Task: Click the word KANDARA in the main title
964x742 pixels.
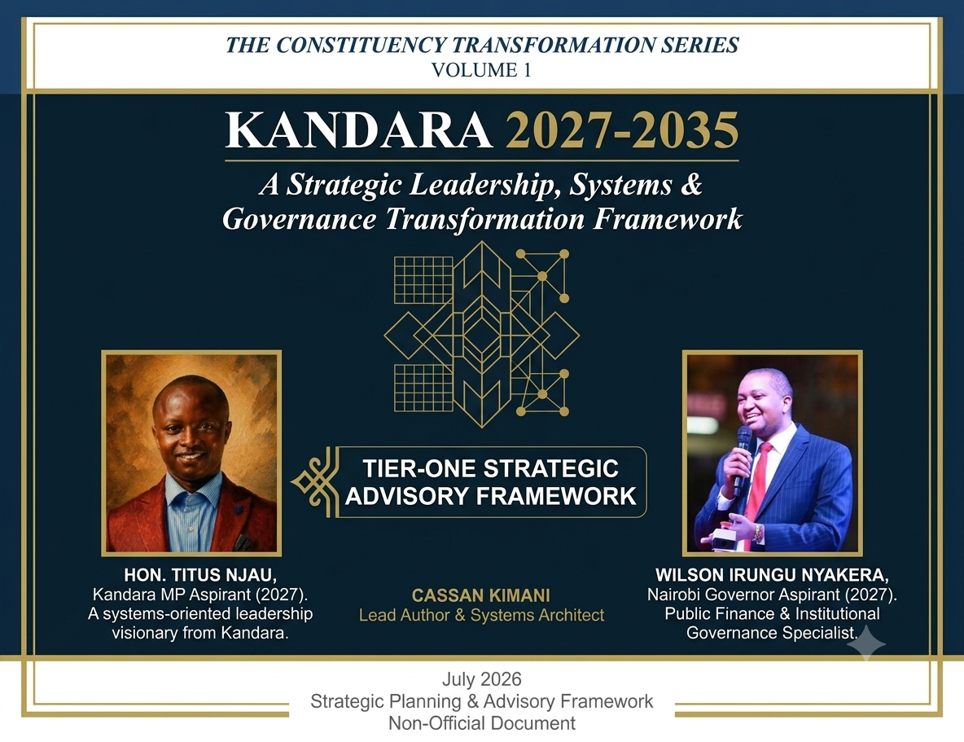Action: (358, 130)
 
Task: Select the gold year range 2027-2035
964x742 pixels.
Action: (621, 130)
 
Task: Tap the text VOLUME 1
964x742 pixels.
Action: (481, 70)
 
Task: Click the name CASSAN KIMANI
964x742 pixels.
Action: (480, 595)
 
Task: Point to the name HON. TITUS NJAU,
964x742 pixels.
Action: (200, 575)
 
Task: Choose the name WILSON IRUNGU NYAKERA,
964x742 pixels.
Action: (772, 575)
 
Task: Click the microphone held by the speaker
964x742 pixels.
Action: (743, 459)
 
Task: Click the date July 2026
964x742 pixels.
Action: (481, 679)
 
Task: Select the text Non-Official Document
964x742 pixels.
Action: (481, 723)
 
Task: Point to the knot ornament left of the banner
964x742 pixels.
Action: (315, 482)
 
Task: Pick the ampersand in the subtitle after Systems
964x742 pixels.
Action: (691, 184)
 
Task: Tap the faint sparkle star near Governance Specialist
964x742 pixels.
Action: (866, 643)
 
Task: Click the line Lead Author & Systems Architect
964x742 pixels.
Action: (481, 615)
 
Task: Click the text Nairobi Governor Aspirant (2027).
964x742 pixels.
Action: (772, 595)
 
